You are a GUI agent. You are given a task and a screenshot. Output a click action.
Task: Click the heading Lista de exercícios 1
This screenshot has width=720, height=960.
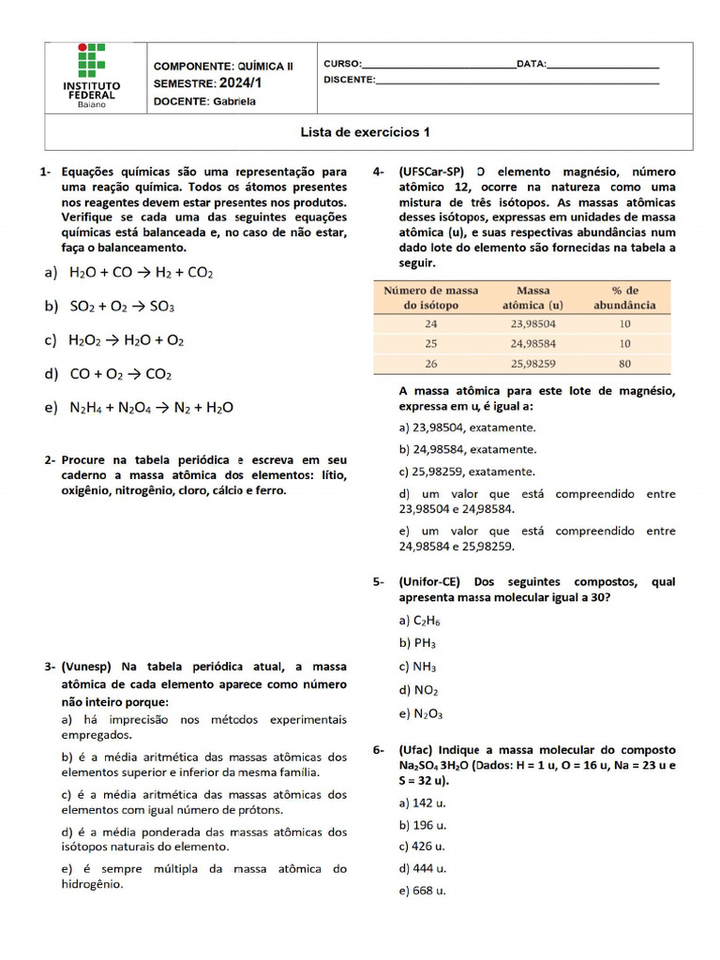tap(365, 132)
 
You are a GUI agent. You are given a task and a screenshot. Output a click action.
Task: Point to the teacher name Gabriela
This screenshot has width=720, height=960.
tap(233, 102)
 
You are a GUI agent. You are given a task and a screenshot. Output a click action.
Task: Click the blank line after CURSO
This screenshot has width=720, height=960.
tap(438, 65)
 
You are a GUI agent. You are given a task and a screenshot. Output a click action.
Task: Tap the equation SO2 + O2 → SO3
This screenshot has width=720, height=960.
tap(122, 307)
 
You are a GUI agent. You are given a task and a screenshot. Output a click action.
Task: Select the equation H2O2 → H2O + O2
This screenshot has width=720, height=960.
tap(127, 340)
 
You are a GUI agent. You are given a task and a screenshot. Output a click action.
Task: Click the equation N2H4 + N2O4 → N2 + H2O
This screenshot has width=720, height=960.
tap(151, 408)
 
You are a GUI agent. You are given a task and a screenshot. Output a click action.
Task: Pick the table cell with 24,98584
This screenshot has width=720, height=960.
tap(532, 343)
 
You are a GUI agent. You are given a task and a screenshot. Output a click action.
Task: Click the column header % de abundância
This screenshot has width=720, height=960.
tap(624, 298)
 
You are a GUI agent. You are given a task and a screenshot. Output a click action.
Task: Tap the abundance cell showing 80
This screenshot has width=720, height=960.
tap(624, 363)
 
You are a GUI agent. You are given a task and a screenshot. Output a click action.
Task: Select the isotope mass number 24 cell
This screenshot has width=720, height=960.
tap(430, 323)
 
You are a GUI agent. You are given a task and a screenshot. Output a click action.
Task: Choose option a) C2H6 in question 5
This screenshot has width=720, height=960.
tap(419, 621)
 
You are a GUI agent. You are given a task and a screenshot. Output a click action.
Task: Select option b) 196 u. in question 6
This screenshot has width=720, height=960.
tap(423, 825)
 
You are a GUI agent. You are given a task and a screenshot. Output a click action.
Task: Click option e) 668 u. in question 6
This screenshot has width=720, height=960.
tap(423, 891)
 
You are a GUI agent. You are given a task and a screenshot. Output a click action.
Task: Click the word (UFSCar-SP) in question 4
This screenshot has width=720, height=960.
tap(432, 172)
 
